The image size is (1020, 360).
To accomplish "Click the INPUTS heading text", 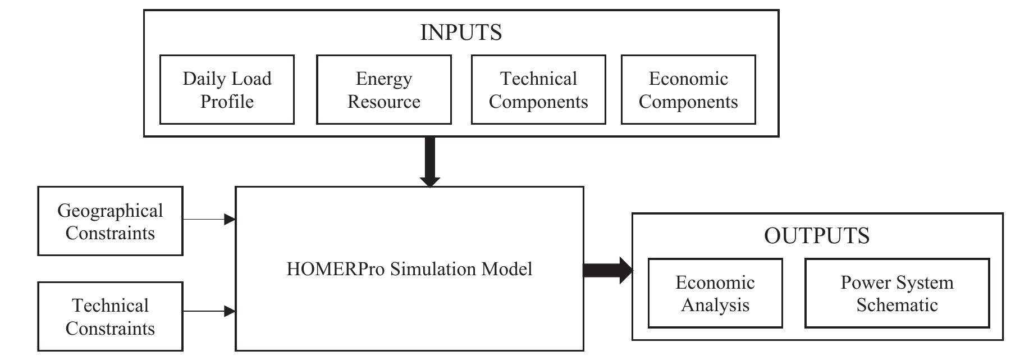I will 461,33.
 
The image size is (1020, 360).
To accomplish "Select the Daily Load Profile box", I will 227,90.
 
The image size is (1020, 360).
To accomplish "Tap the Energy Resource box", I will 383,90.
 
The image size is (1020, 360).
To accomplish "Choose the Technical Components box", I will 538,90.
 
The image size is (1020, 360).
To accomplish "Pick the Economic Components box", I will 688,90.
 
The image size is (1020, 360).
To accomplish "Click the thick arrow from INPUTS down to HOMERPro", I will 430,161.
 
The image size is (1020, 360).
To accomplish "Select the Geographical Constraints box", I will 110,221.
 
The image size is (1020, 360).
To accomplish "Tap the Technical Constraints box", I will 110,317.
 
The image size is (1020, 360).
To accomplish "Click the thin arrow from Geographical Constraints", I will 208,219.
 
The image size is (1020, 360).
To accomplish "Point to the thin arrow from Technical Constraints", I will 208,311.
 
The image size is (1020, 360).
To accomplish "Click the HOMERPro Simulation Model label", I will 409,269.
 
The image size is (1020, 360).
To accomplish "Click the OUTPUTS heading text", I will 817,235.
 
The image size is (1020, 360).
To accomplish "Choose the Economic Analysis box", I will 715,293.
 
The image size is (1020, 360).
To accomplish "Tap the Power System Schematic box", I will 896,293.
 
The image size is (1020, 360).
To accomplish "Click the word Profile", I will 227,102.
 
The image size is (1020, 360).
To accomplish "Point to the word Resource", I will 383,102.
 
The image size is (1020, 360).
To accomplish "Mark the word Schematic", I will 896,305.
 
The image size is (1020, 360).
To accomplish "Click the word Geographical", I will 110,211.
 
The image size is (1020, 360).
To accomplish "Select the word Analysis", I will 715,305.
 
